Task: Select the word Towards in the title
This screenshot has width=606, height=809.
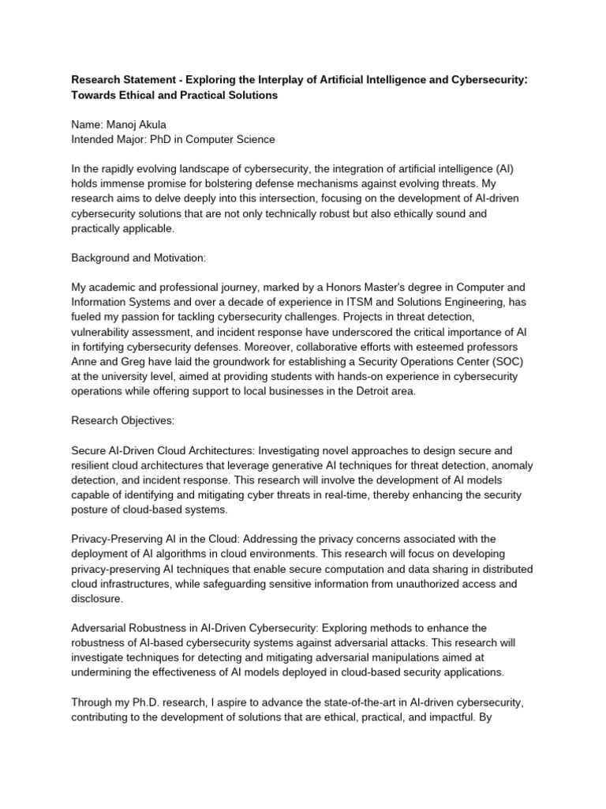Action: click(x=95, y=95)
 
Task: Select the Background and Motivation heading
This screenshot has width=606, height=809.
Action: click(x=140, y=258)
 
